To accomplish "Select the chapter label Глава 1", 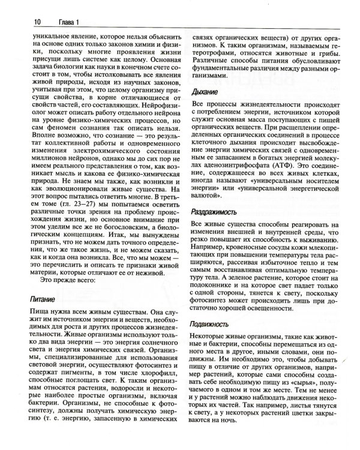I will tap(44, 22).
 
